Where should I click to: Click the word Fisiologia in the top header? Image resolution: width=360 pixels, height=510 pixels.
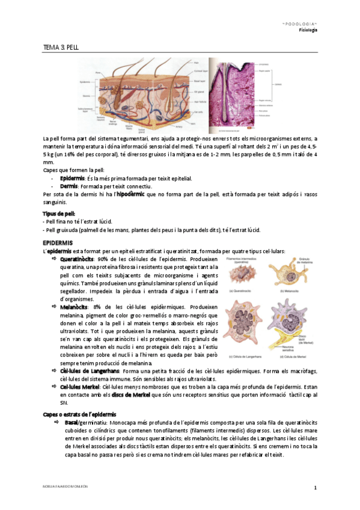coord(308,29)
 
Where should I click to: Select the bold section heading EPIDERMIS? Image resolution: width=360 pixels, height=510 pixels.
coord(58,242)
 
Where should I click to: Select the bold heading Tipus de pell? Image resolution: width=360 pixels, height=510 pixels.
coord(58,214)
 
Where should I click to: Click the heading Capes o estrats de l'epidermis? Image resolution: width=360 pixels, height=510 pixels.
coord(79,415)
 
